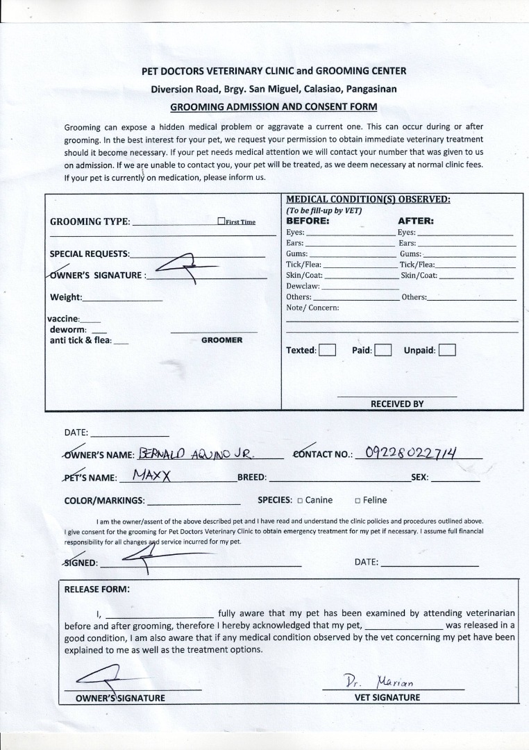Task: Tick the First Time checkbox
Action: (x=221, y=222)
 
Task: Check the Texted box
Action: (x=328, y=350)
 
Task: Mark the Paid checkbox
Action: (x=383, y=350)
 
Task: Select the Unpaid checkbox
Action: (x=447, y=350)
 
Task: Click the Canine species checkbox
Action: (x=300, y=500)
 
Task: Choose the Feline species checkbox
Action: (x=358, y=500)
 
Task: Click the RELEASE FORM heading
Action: (x=96, y=589)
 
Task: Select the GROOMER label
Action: (x=221, y=340)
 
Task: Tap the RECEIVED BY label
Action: (x=397, y=403)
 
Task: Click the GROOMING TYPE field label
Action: (x=90, y=222)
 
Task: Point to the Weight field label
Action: (x=66, y=297)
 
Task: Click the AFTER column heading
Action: (x=416, y=221)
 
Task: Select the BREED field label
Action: (x=252, y=478)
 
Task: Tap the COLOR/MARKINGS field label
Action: (x=104, y=500)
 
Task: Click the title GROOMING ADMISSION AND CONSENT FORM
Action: (x=274, y=107)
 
